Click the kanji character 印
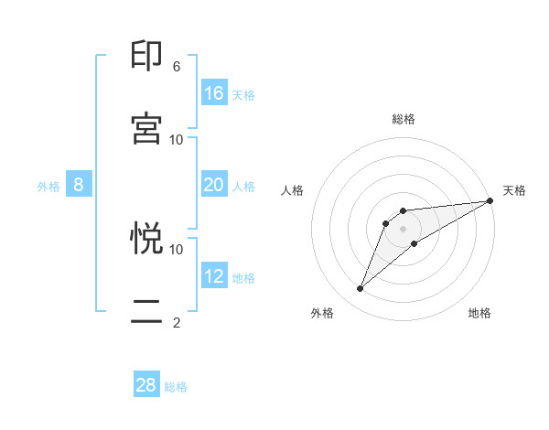coord(147,57)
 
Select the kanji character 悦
coord(147,239)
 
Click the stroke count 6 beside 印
coord(177,67)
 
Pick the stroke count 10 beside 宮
coord(177,139)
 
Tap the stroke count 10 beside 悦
coord(177,249)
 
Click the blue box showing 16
coord(214,93)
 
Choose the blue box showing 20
coord(214,185)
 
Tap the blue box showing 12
coord(214,275)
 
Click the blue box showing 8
coord(79,185)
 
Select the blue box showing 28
coord(146,385)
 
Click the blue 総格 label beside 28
coord(176,387)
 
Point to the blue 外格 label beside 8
coord(48,187)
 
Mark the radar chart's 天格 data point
coord(490,201)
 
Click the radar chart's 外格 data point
coord(361,289)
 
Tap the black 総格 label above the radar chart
coord(404,119)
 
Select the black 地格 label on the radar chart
coord(479,313)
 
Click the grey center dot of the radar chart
coord(404,228)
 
